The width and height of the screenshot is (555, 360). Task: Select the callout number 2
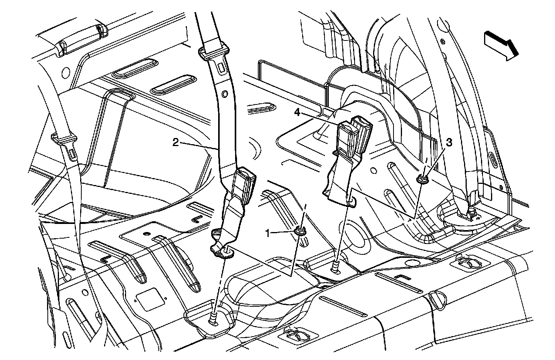click(175, 143)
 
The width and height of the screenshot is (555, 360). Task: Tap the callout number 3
click(448, 142)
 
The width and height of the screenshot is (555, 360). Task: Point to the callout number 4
click(297, 113)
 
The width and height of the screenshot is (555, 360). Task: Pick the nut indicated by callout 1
click(300, 231)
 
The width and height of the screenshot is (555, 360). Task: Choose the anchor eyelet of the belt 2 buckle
click(227, 252)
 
